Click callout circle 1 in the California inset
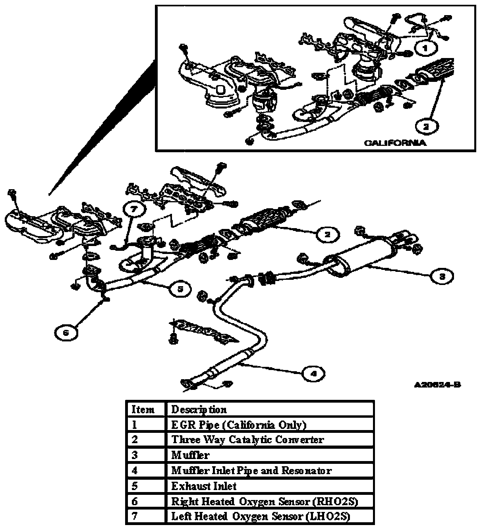[x=425, y=48]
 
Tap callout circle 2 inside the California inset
[x=426, y=127]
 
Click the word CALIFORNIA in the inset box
[x=395, y=143]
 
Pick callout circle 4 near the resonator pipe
[x=313, y=374]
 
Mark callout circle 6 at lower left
[x=66, y=333]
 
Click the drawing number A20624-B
[x=437, y=385]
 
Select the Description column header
[x=199, y=409]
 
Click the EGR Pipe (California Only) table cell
[x=239, y=425]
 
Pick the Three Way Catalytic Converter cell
[x=247, y=440]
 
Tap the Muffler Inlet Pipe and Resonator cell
[x=251, y=471]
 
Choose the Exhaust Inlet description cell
[x=204, y=486]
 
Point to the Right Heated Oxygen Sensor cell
[x=265, y=502]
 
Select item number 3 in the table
[x=135, y=455]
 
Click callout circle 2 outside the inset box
[x=327, y=234]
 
